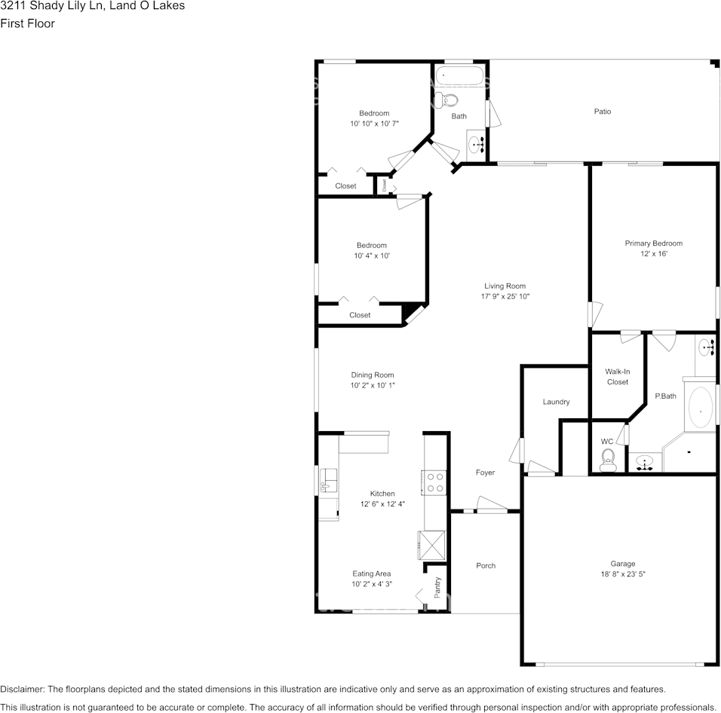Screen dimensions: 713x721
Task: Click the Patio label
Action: coord(602,112)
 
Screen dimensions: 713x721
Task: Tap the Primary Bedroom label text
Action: coord(653,243)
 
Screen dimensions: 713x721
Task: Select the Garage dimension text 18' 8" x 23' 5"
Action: coord(623,574)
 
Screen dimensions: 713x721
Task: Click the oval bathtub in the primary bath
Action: coord(701,411)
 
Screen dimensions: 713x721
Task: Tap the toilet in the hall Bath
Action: coord(449,99)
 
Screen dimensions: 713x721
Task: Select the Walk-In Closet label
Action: coord(617,377)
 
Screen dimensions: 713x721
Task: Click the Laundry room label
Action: coord(556,402)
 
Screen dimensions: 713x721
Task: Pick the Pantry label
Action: coord(437,587)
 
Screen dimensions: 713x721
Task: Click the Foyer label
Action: coord(485,473)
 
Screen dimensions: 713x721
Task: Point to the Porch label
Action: coord(486,565)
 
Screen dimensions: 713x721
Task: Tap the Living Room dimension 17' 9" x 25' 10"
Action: coord(505,296)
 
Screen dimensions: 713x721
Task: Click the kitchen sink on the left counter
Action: coord(329,479)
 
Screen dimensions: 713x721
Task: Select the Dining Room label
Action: coord(372,375)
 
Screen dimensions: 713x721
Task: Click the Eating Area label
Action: coord(372,574)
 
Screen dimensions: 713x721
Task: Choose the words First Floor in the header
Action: coord(27,23)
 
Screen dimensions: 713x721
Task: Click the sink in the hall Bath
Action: coord(477,144)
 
